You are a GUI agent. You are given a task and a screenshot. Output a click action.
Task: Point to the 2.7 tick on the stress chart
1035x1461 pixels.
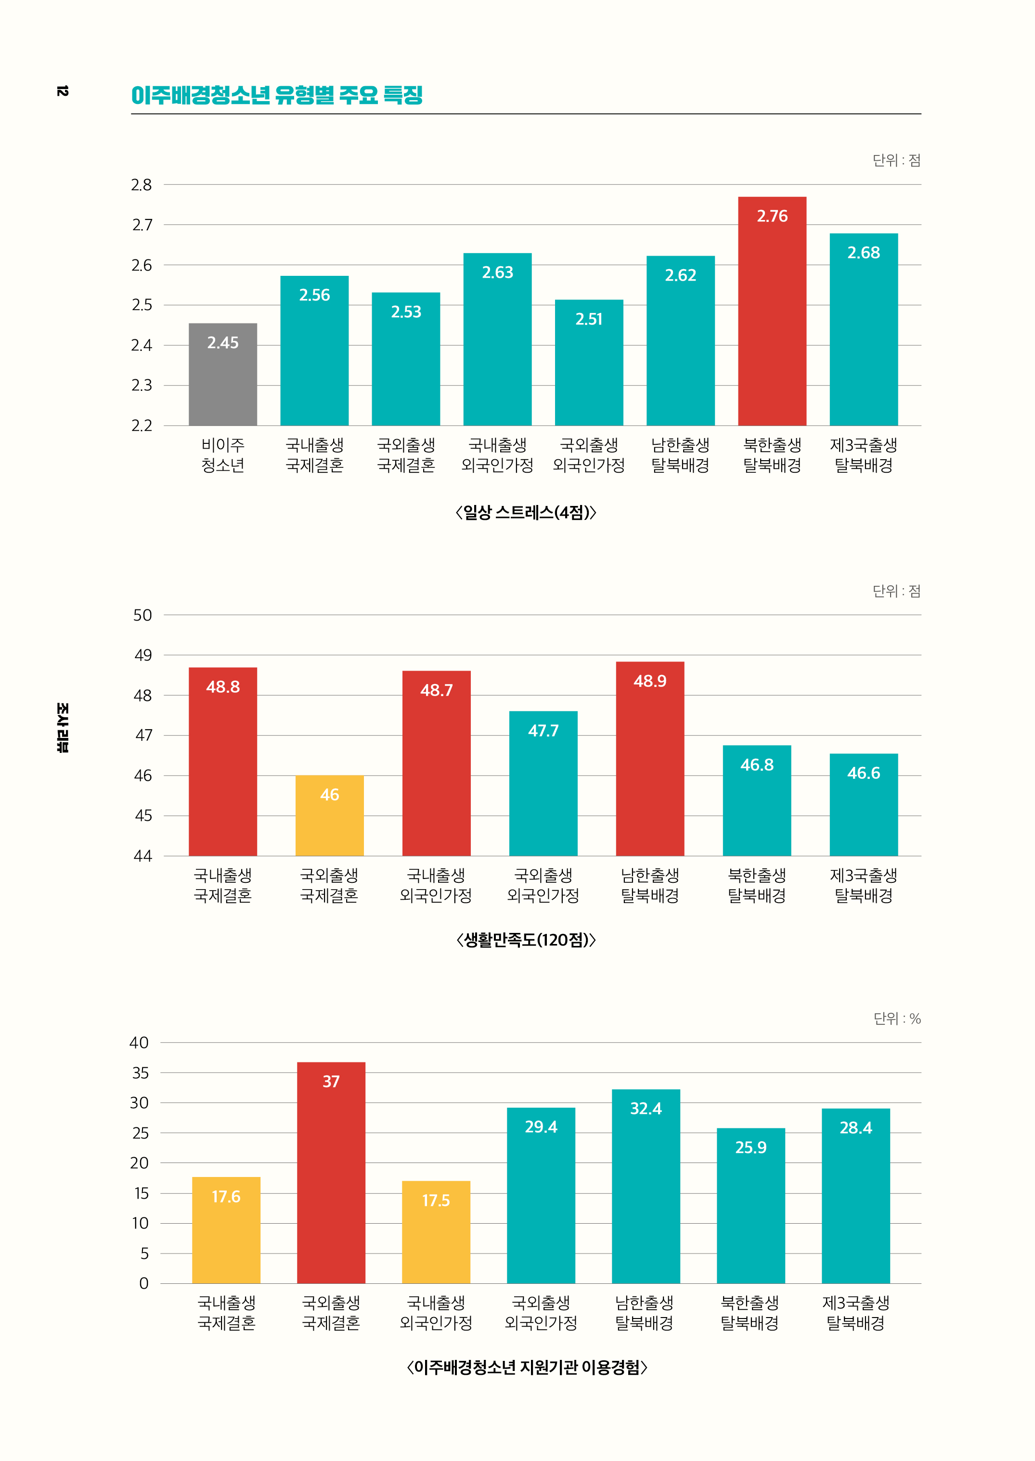point(142,225)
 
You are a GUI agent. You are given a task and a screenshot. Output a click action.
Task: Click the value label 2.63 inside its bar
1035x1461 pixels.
point(497,272)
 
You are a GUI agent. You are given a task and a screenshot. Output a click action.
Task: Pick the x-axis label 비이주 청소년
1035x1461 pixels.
point(222,455)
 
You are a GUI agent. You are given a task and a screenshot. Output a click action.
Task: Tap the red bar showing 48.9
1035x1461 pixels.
point(649,759)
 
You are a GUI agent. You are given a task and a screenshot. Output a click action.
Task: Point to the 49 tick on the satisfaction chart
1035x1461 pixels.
point(143,655)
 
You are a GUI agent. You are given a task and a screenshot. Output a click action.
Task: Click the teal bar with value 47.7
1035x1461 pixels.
point(543,783)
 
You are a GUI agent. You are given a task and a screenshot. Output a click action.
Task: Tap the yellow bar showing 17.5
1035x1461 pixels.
point(436,1232)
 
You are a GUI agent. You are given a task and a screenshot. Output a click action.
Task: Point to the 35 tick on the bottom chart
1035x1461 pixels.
point(140,1073)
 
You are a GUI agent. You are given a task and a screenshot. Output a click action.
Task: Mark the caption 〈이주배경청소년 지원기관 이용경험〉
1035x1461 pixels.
point(527,1367)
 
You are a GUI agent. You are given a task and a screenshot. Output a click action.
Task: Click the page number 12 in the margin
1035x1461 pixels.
point(62,91)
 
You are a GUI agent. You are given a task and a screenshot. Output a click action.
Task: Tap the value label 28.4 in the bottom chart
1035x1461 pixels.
point(855,1128)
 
